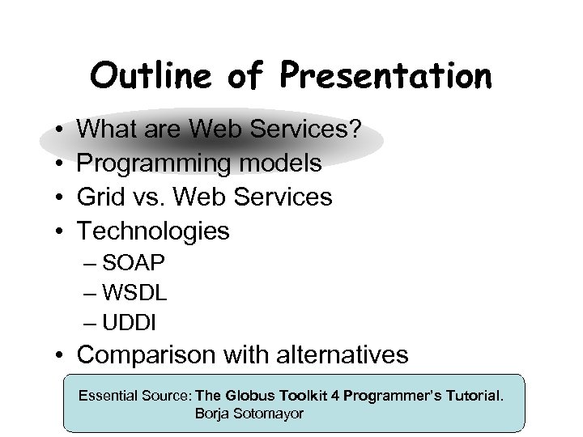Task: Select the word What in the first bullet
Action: pos(108,129)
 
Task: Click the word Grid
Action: pos(102,197)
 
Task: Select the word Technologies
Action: pos(153,231)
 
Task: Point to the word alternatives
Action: pos(342,354)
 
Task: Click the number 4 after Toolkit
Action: pos(335,397)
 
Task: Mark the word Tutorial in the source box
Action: pos(471,397)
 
